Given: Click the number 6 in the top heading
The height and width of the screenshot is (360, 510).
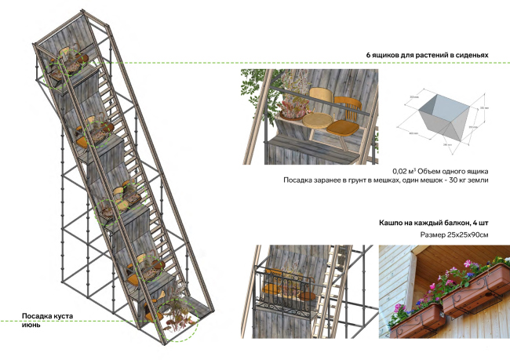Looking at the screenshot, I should coord(369,55).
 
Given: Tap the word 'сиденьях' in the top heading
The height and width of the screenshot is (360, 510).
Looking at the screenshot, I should coord(471,55).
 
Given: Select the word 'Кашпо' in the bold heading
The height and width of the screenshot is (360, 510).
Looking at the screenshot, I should coord(392,223).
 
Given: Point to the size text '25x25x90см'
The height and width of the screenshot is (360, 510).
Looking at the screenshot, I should coord(465,235).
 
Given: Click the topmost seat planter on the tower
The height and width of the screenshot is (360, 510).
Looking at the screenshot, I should coord(67,66).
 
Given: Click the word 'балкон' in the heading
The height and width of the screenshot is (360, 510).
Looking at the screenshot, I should coord(454,223).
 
